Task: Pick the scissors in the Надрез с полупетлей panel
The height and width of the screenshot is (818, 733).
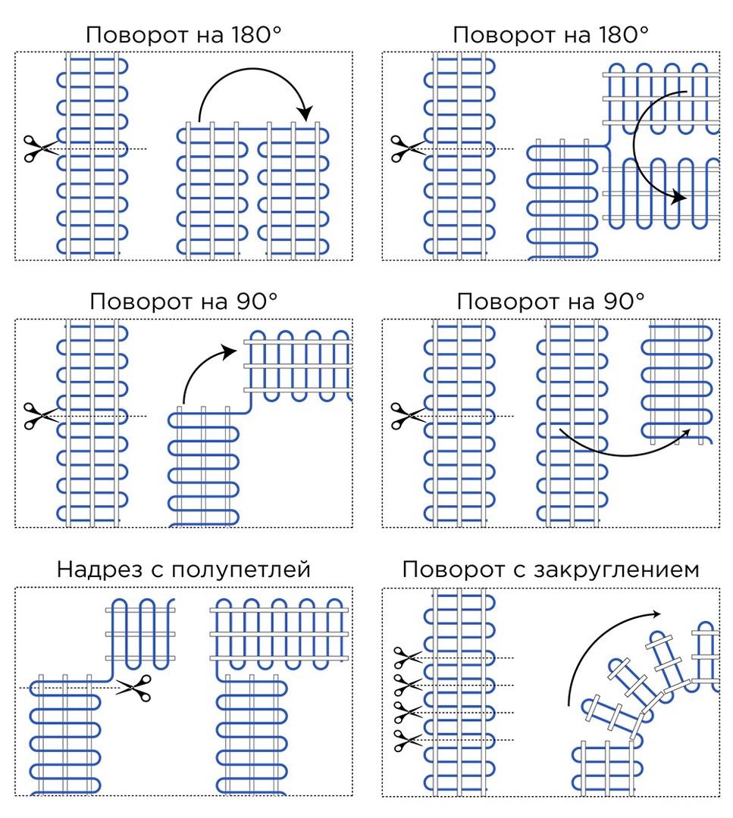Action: click(x=133, y=688)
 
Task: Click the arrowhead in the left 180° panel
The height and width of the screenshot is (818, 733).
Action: click(x=305, y=114)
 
